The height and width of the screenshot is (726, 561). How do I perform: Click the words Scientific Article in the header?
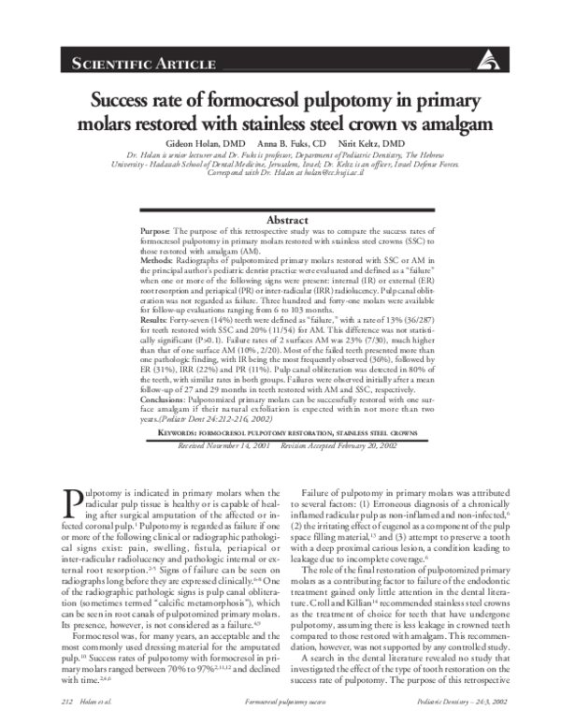tap(116, 64)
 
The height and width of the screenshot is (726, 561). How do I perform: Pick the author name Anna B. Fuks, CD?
tap(284, 142)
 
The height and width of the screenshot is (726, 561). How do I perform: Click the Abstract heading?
tap(281, 220)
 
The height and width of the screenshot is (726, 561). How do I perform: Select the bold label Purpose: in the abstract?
tap(155, 230)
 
